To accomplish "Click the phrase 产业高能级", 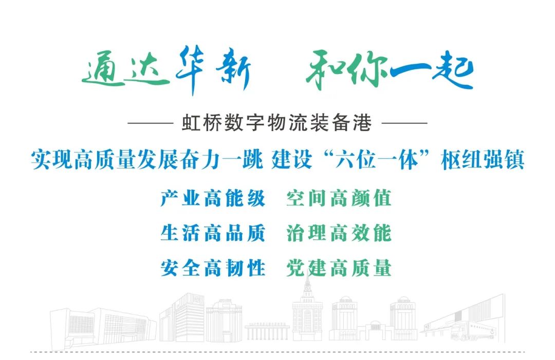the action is (x=213, y=198).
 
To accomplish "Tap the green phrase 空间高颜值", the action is (x=339, y=198).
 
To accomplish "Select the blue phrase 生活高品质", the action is (x=213, y=233).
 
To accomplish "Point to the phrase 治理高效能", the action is (x=339, y=233).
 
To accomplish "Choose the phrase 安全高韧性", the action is (x=213, y=268).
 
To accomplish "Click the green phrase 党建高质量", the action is (x=339, y=268).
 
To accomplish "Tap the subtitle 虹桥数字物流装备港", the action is (x=277, y=123).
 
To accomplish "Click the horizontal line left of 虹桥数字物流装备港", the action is (x=150, y=123).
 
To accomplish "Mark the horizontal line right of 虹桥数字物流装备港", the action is (x=404, y=123).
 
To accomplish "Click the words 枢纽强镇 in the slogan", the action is (x=483, y=160).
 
